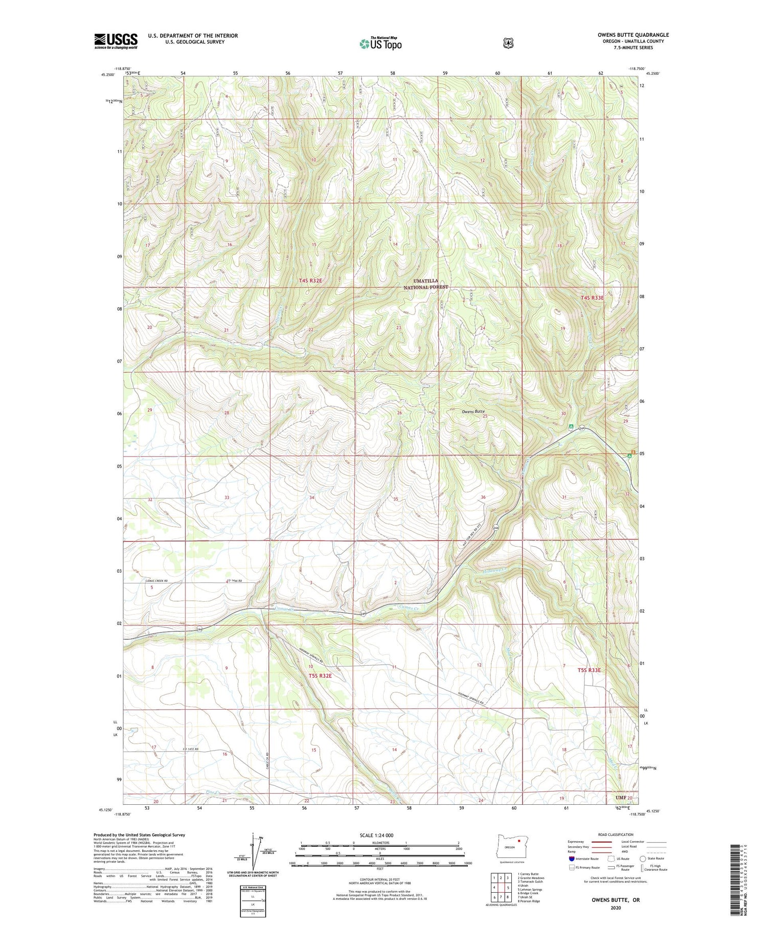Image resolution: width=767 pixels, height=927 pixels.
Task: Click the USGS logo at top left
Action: (x=116, y=41)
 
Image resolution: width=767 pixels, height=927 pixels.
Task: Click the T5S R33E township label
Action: (x=589, y=670)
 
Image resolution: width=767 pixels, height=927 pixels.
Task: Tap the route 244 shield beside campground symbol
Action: (x=582, y=428)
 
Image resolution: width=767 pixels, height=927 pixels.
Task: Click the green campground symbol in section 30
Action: (x=571, y=426)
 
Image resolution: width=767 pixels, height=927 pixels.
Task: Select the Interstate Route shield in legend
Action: (x=572, y=858)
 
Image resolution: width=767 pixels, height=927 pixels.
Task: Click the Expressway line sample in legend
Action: (x=602, y=842)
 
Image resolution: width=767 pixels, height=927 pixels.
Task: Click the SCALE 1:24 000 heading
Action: (x=376, y=835)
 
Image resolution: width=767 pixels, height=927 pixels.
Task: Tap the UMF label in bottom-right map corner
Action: (x=621, y=798)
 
